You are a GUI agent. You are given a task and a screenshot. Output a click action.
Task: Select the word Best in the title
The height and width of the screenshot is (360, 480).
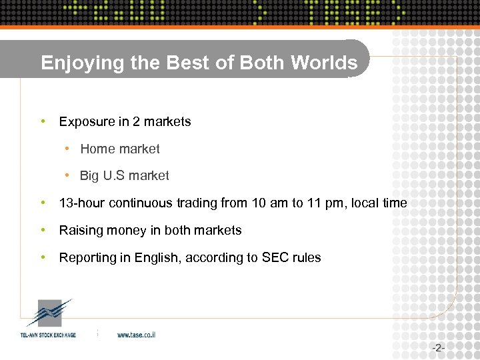(x=168, y=63)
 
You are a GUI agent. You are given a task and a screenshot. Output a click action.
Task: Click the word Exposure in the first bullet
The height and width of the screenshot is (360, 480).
(x=85, y=122)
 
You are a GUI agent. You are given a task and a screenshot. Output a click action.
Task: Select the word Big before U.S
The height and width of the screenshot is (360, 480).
(x=89, y=176)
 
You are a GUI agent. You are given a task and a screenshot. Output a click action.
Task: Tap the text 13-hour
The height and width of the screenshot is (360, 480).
(x=82, y=203)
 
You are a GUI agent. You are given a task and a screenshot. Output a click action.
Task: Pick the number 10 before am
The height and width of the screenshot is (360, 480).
(x=259, y=203)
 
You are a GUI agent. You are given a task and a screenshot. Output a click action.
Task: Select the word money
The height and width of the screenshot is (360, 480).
(x=122, y=231)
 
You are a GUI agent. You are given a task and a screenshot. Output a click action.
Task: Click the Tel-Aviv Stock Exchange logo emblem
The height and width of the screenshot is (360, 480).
(x=47, y=313)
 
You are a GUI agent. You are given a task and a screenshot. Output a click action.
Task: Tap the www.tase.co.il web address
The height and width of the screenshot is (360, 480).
(x=137, y=335)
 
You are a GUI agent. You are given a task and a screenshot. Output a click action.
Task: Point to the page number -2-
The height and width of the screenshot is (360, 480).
(x=438, y=348)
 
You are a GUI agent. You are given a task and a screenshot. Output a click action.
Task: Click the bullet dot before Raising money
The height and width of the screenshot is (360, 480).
(x=42, y=231)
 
